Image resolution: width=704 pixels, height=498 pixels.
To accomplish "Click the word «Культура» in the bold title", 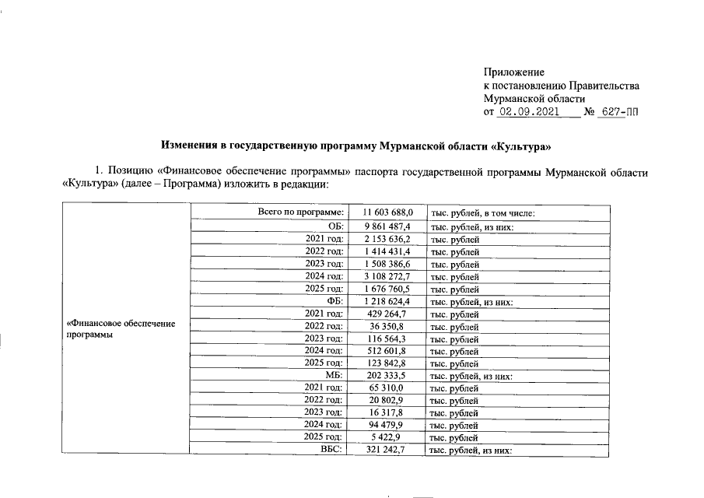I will coord(522,146).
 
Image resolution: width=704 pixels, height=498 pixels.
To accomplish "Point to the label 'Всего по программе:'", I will coord(300,212).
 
